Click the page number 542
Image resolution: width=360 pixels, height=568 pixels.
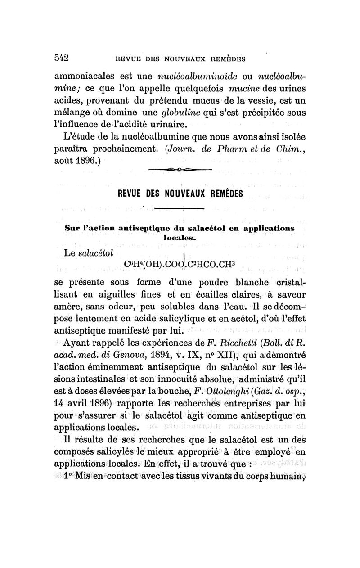coord(60,57)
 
